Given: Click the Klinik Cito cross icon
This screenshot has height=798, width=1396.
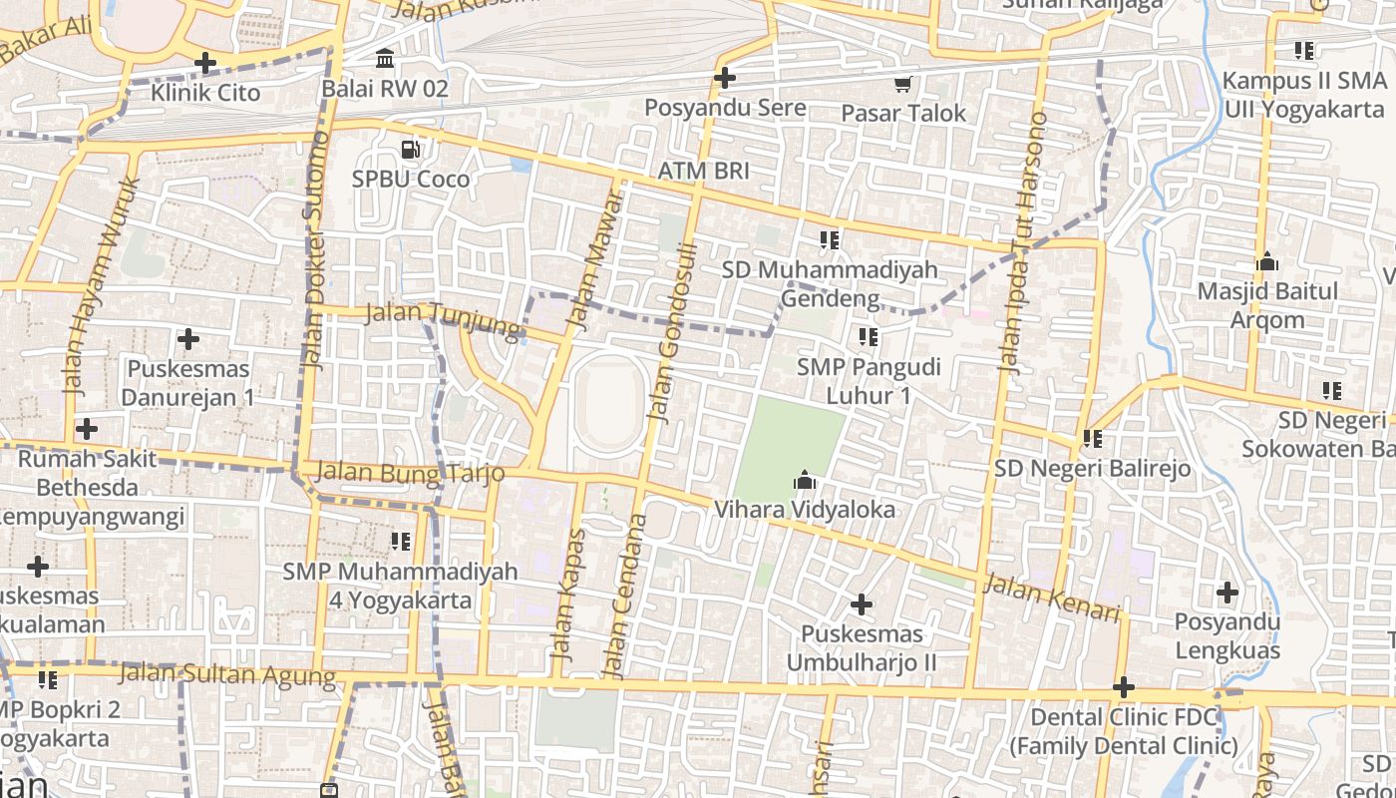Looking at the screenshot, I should pos(205,64).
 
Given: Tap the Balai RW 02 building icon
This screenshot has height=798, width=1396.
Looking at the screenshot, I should pos(385,59).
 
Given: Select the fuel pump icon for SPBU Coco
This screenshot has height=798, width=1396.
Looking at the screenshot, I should pos(410,150).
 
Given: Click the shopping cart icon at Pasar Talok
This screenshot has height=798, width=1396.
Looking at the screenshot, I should pos(903,84).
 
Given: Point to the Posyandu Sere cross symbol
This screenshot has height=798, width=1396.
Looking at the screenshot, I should pos(725,78).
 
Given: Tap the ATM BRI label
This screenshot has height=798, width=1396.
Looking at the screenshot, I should pos(703,171).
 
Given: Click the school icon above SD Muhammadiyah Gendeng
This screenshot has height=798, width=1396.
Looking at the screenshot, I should pos(829,239).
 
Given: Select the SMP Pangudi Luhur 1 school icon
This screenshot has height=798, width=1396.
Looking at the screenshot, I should pos(869,337).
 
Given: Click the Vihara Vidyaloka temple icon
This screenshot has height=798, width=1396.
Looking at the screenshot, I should pos(804,482).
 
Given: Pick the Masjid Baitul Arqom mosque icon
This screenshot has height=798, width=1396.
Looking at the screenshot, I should pos(1267,262).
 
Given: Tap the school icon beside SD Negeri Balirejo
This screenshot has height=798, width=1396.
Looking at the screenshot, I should pos(1093,438).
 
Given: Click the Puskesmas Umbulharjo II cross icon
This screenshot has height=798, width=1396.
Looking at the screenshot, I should pos(862,604).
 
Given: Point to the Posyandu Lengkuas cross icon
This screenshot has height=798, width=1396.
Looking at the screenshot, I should pos(1227,594).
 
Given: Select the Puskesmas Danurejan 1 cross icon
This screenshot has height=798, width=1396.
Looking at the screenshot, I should pos(187,340).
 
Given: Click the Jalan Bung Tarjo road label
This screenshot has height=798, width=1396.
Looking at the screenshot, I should pos(410,473).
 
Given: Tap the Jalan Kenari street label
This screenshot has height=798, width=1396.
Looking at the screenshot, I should pos(1052,598).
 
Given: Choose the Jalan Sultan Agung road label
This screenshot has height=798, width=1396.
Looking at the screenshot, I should pos(227,675).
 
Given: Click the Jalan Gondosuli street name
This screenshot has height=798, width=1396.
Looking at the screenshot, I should pos(670,333).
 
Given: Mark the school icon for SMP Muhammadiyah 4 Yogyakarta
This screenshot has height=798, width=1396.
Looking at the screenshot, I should pos(401,542).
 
